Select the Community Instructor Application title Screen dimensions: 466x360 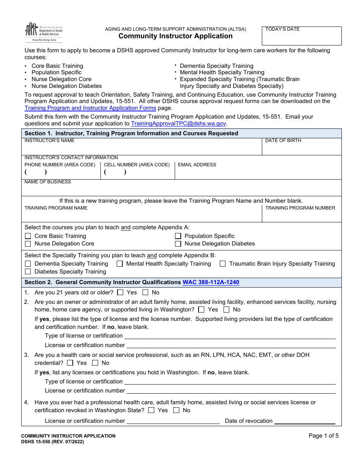[x=175, y=36]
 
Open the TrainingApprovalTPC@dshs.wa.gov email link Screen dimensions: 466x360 [x=178, y=124]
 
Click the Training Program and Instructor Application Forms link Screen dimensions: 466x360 [x=90, y=108]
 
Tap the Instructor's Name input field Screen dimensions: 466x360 [x=142, y=149]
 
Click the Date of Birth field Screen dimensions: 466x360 [x=302, y=149]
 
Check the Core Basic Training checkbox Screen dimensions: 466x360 [x=28, y=236]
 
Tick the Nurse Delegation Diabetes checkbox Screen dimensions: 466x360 [x=178, y=244]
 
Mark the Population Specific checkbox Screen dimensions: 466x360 [x=178, y=236]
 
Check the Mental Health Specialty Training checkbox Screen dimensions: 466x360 [x=120, y=264]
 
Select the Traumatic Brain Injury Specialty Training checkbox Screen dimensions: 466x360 [x=223, y=264]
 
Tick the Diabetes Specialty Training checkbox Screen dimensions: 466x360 [x=28, y=272]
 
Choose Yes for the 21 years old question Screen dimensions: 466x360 [x=121, y=292]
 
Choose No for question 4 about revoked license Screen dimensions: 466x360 [x=176, y=410]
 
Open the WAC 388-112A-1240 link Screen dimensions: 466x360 [x=211, y=282]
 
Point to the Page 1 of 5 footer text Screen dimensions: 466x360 [x=324, y=436]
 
